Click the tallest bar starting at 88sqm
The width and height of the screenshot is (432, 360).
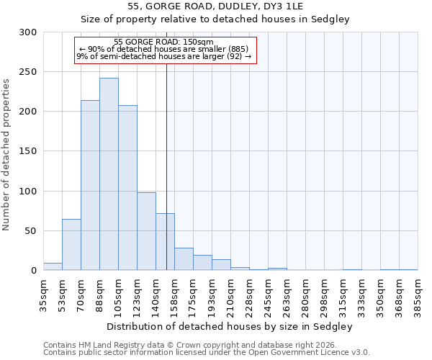pyautogui.click(x=109, y=174)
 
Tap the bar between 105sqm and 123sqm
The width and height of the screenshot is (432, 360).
pyautogui.click(x=127, y=188)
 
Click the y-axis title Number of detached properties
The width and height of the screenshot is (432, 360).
pyautogui.click(x=6, y=155)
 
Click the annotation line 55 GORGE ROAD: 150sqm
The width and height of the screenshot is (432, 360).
pyautogui.click(x=163, y=42)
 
